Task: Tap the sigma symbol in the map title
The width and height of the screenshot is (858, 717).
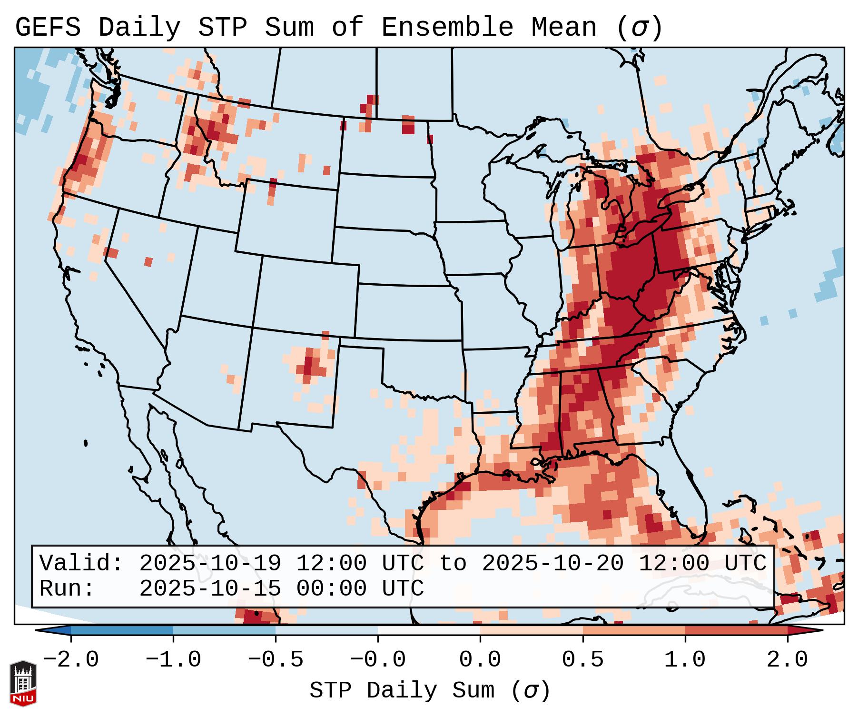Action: click(x=639, y=28)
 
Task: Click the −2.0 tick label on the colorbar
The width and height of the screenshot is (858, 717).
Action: click(x=71, y=660)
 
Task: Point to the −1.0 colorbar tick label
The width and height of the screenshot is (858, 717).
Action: click(x=173, y=660)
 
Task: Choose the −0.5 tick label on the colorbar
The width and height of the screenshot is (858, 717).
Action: click(x=276, y=660)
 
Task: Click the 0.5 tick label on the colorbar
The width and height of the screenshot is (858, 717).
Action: click(x=582, y=660)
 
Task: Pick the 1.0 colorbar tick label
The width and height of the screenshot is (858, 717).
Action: click(x=685, y=660)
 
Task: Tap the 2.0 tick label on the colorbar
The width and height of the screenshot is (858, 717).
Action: click(x=787, y=660)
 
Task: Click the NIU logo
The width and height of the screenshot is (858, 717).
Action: click(x=23, y=683)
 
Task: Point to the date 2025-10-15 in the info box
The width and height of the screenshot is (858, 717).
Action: click(x=210, y=589)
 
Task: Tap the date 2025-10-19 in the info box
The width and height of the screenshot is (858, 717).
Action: click(x=210, y=564)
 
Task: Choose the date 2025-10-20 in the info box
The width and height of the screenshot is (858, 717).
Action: click(x=552, y=564)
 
